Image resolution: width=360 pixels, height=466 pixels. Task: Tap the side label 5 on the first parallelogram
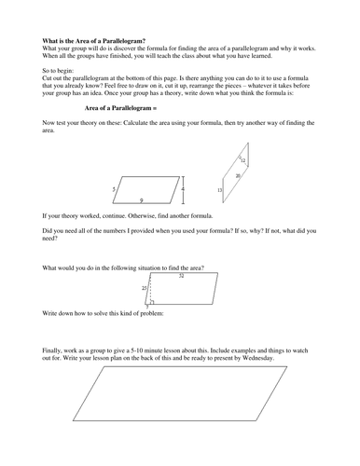pyautogui.click(x=113, y=189)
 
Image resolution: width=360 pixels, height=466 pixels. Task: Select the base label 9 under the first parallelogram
pyautogui.click(x=141, y=200)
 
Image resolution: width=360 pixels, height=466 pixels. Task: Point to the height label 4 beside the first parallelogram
pyautogui.click(x=183, y=190)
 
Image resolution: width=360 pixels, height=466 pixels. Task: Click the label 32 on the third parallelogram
pyautogui.click(x=181, y=276)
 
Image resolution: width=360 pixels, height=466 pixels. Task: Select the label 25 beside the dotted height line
pyautogui.click(x=144, y=289)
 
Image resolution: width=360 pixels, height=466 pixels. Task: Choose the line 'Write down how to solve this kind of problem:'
pyautogui.click(x=103, y=316)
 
